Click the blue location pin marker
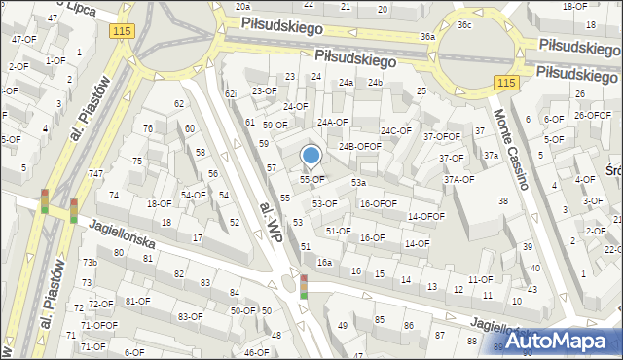tap(311, 156)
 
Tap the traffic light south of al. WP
tap(304, 287)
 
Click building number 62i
tap(231, 93)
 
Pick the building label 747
tap(95, 173)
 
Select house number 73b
tap(90, 263)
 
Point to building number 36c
tap(464, 24)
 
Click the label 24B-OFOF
tap(359, 146)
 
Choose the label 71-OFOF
tap(98, 325)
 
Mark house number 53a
tap(358, 183)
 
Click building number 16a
tap(324, 263)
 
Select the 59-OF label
tap(275, 125)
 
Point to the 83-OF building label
tap(191, 316)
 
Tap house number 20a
tap(242, 6)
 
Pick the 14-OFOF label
tap(426, 217)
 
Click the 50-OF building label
tap(242, 310)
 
